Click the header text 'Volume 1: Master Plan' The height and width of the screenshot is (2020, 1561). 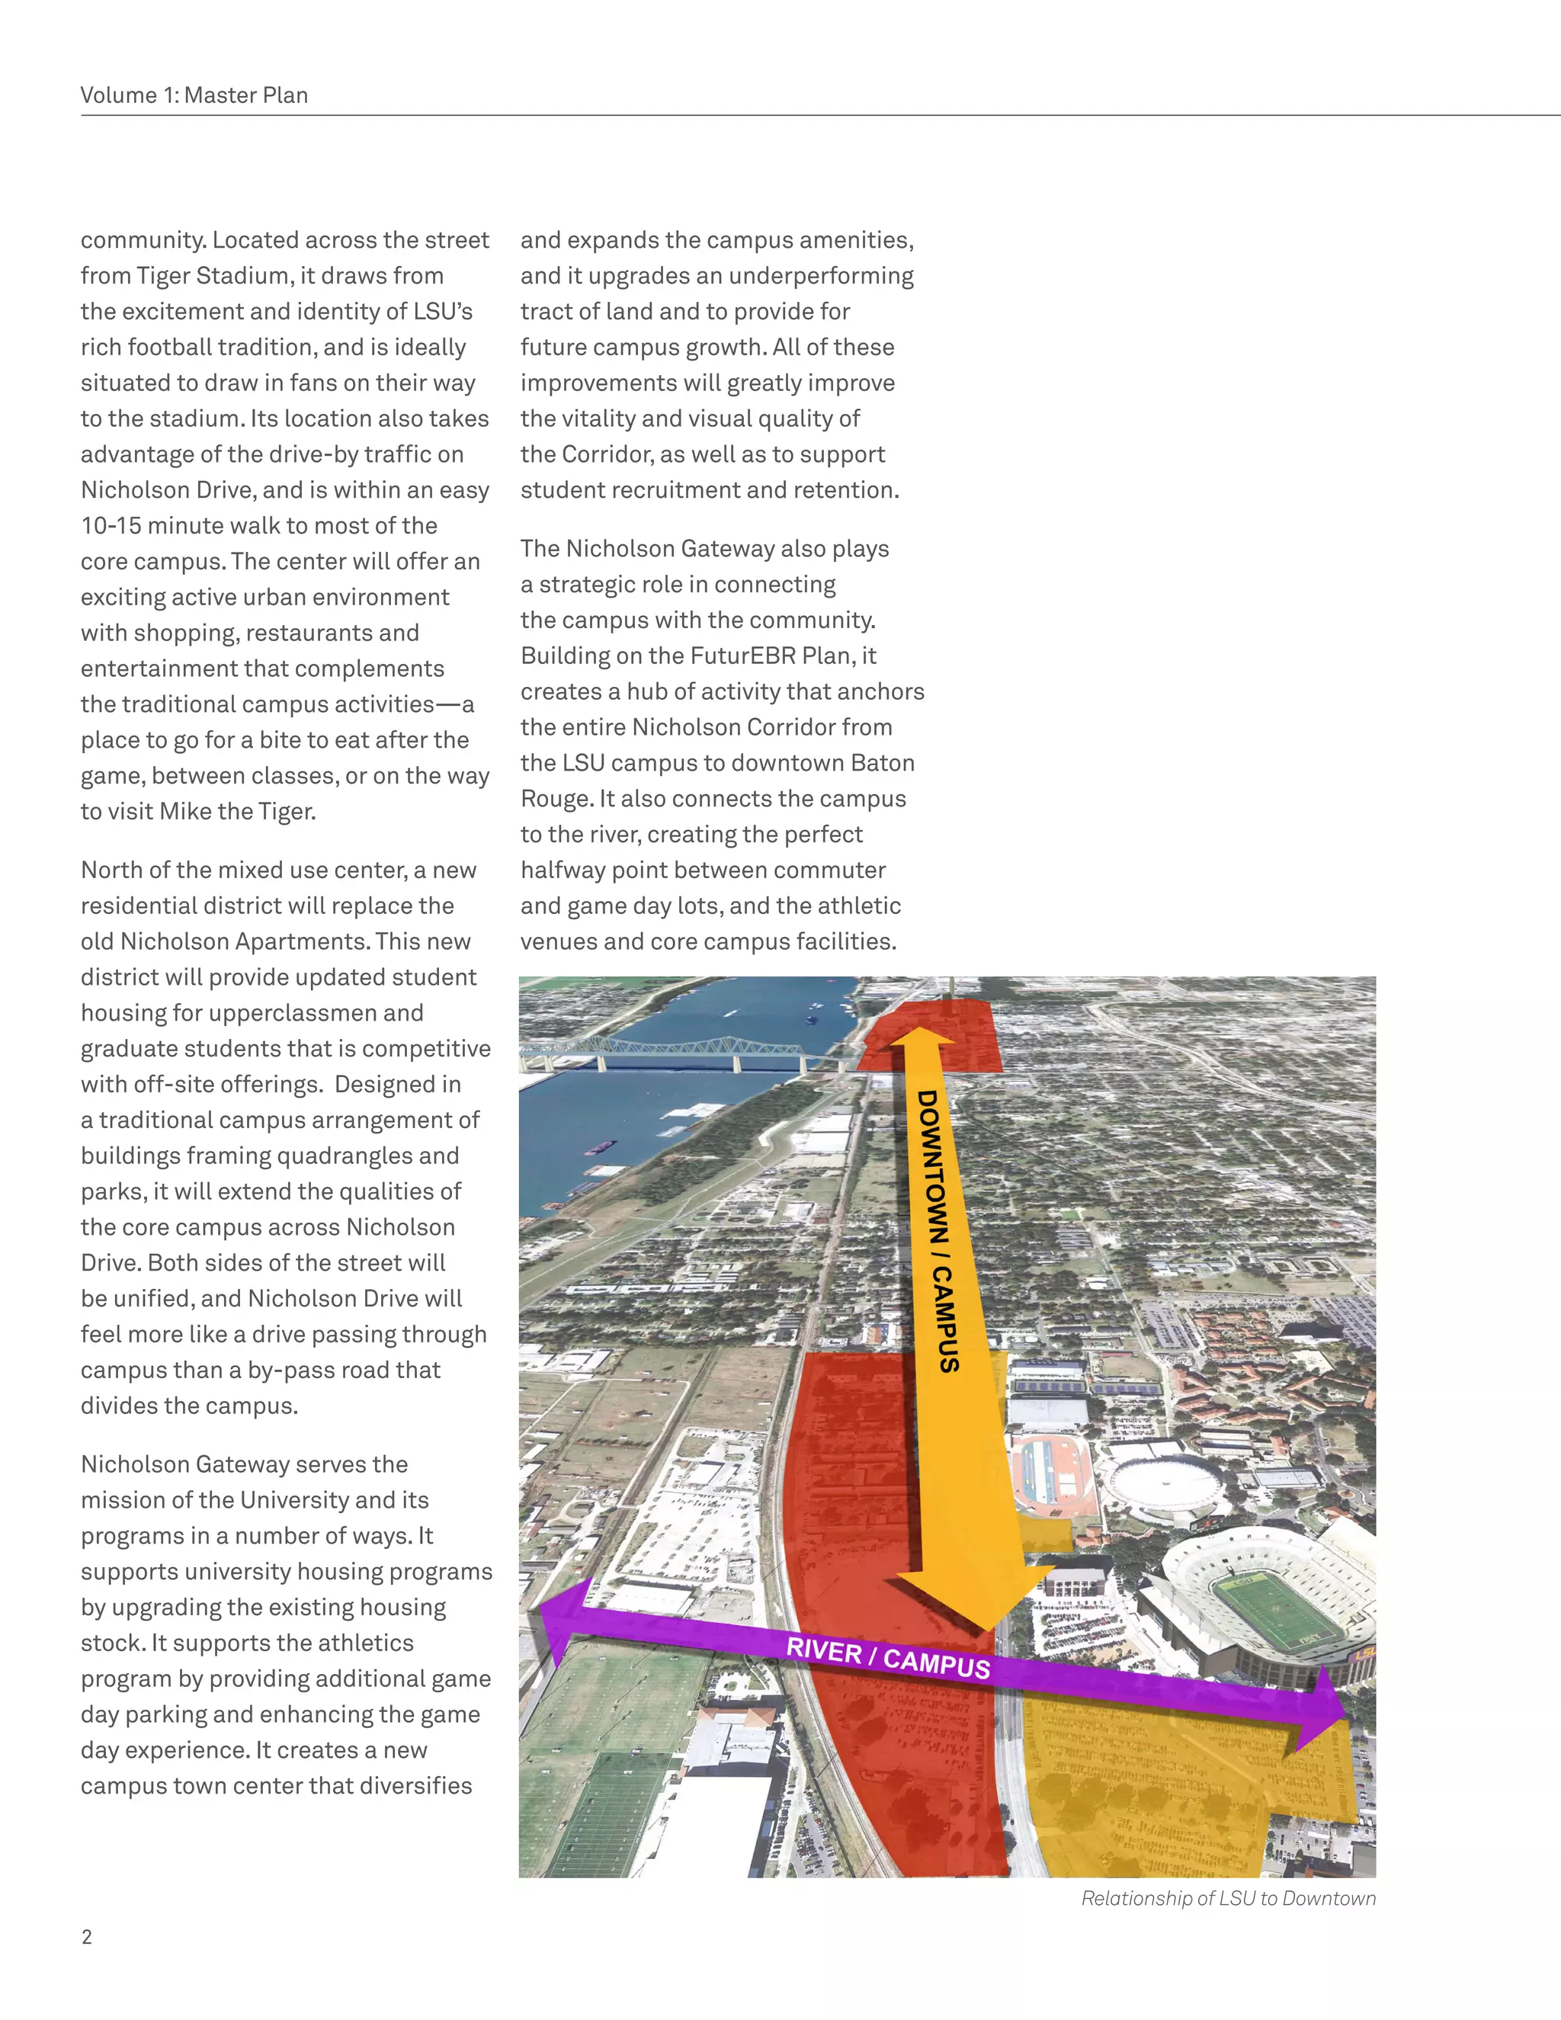(194, 95)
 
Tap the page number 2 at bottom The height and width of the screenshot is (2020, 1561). (87, 1938)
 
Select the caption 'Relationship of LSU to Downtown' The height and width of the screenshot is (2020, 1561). (1228, 1899)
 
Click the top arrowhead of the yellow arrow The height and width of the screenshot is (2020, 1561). (922, 1037)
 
